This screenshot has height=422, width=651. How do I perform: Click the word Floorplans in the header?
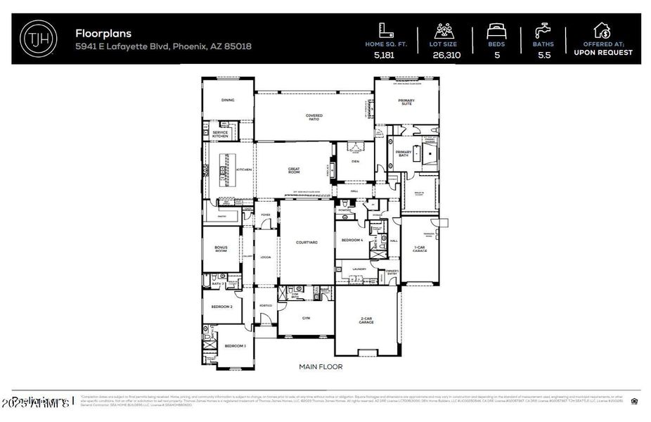click(x=103, y=32)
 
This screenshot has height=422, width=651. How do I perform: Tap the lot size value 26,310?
click(x=447, y=54)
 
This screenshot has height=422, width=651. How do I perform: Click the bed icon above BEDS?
click(x=497, y=32)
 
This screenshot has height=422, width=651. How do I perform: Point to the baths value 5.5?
click(x=543, y=54)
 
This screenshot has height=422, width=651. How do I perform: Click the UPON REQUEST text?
click(x=602, y=52)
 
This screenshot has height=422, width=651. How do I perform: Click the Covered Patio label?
click(x=314, y=117)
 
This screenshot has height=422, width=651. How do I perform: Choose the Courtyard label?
click(x=307, y=242)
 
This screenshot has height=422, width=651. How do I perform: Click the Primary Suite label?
click(x=406, y=101)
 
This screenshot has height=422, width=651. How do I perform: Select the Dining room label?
click(x=228, y=100)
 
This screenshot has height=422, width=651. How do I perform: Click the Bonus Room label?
click(x=221, y=250)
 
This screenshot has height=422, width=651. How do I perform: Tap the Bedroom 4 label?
click(x=352, y=241)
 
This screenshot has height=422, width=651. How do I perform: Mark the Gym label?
click(x=306, y=318)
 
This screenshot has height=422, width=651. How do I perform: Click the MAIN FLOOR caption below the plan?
click(x=321, y=366)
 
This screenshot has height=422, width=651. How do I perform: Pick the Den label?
click(x=354, y=161)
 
